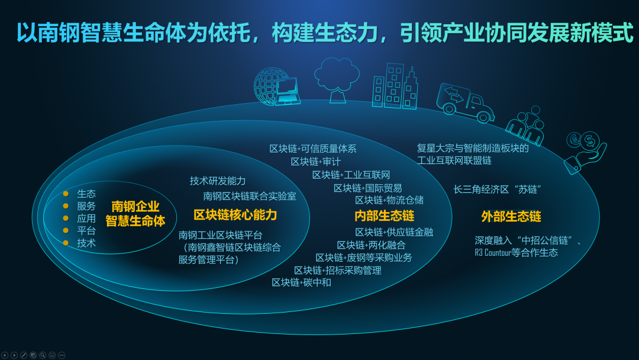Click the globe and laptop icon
[x=277, y=87]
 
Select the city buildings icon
[x=395, y=86]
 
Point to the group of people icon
[x=526, y=126]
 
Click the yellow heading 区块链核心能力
[x=235, y=215]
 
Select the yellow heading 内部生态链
[x=385, y=216]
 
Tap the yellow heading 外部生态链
[x=511, y=217]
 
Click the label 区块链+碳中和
[x=301, y=282]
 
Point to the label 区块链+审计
[x=316, y=162]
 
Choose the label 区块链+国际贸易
[x=368, y=188]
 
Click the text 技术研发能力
[x=218, y=181]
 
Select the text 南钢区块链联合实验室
[x=250, y=197]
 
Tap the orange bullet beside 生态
[x=66, y=194]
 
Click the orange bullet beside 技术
[x=66, y=243]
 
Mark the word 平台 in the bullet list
[x=86, y=231]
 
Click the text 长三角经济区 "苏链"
[x=498, y=189]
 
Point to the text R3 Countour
[x=493, y=253]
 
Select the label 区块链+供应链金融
[x=394, y=232]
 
